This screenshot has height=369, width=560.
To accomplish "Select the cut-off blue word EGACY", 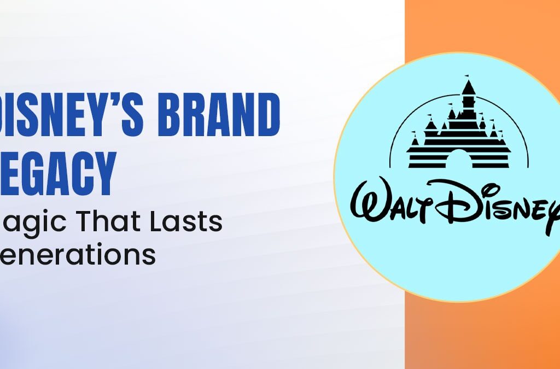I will [x=57, y=171].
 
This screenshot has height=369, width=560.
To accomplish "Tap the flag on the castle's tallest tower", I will [x=466, y=77].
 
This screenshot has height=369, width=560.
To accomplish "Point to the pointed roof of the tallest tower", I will [x=468, y=87].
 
